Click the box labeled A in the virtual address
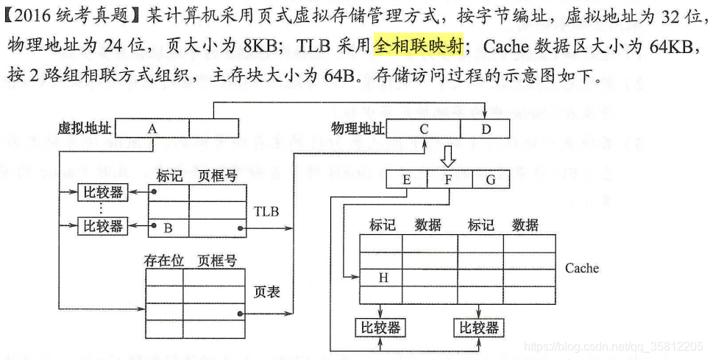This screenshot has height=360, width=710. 152,129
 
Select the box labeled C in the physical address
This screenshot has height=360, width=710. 424,129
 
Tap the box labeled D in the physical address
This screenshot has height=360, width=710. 485,129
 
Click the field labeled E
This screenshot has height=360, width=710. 406,179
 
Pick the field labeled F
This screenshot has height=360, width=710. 449,179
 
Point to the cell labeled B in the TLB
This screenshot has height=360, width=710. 168,228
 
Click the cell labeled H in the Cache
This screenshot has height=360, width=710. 382,278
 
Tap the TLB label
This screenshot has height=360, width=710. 266,212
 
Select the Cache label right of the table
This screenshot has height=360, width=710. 581,268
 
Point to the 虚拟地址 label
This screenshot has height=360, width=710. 85,129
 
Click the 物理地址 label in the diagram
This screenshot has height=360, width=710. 358,129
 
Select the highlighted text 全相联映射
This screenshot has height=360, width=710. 418,46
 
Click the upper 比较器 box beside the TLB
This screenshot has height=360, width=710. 102,193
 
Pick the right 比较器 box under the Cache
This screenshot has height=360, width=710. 479,327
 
